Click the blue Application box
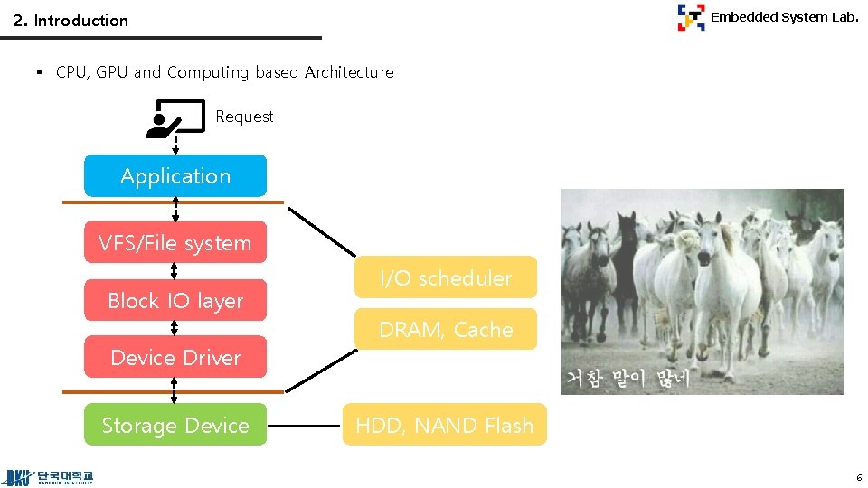175,176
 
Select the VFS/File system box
175,242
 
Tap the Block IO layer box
175,301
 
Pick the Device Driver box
175,357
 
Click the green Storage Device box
175,425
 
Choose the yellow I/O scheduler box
445,277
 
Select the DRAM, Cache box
445,330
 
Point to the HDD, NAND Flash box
444,425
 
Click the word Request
244,117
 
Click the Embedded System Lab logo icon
691,17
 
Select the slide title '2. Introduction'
71,20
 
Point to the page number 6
858,476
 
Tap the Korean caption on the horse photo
627,379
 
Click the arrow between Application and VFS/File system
175,209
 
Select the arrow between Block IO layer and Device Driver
175,328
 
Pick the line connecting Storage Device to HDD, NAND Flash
304,425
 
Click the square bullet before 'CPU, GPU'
40,72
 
